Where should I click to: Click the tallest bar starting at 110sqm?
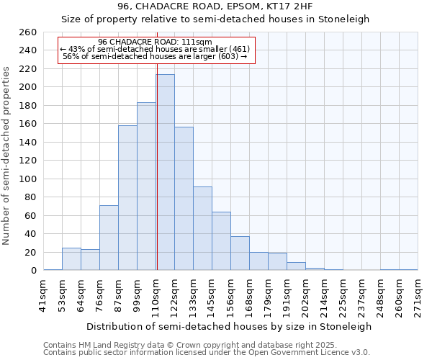[165, 173]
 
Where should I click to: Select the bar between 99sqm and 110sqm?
[146, 186]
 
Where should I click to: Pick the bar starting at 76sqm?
[109, 238]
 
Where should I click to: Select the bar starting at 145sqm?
[221, 241]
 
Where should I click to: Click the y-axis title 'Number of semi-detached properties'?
[7, 155]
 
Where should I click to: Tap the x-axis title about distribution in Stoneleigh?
[228, 326]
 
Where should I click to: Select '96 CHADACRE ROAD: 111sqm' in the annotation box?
[155, 42]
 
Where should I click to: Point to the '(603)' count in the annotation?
[229, 57]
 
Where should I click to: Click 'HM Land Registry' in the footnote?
[109, 345]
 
